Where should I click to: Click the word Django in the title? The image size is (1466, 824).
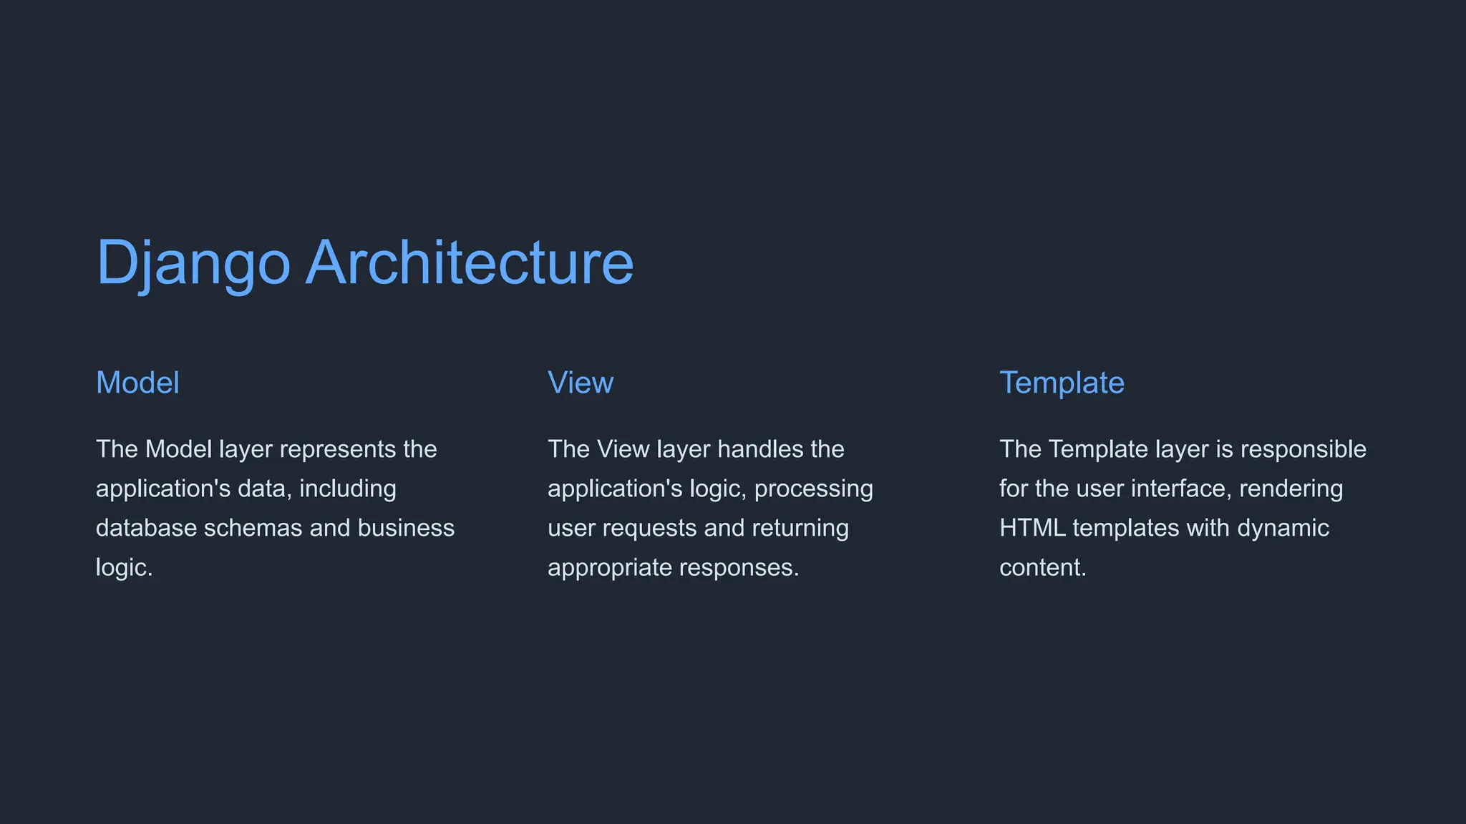pos(193,263)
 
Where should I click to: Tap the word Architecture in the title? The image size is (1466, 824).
pos(470,263)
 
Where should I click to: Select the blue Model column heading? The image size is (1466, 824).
pos(137,383)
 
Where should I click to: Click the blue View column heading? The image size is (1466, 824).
pos(581,383)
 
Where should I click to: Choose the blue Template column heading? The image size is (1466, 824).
pos(1062,383)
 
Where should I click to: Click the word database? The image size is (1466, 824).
pos(147,529)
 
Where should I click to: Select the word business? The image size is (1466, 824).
pos(406,529)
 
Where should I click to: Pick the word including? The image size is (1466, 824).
pos(348,489)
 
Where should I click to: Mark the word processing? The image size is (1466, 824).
pos(814,489)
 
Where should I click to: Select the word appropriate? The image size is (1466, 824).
pos(610,568)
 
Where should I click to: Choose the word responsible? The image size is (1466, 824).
pos(1303,450)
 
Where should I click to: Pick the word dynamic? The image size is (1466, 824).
pos(1283,529)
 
